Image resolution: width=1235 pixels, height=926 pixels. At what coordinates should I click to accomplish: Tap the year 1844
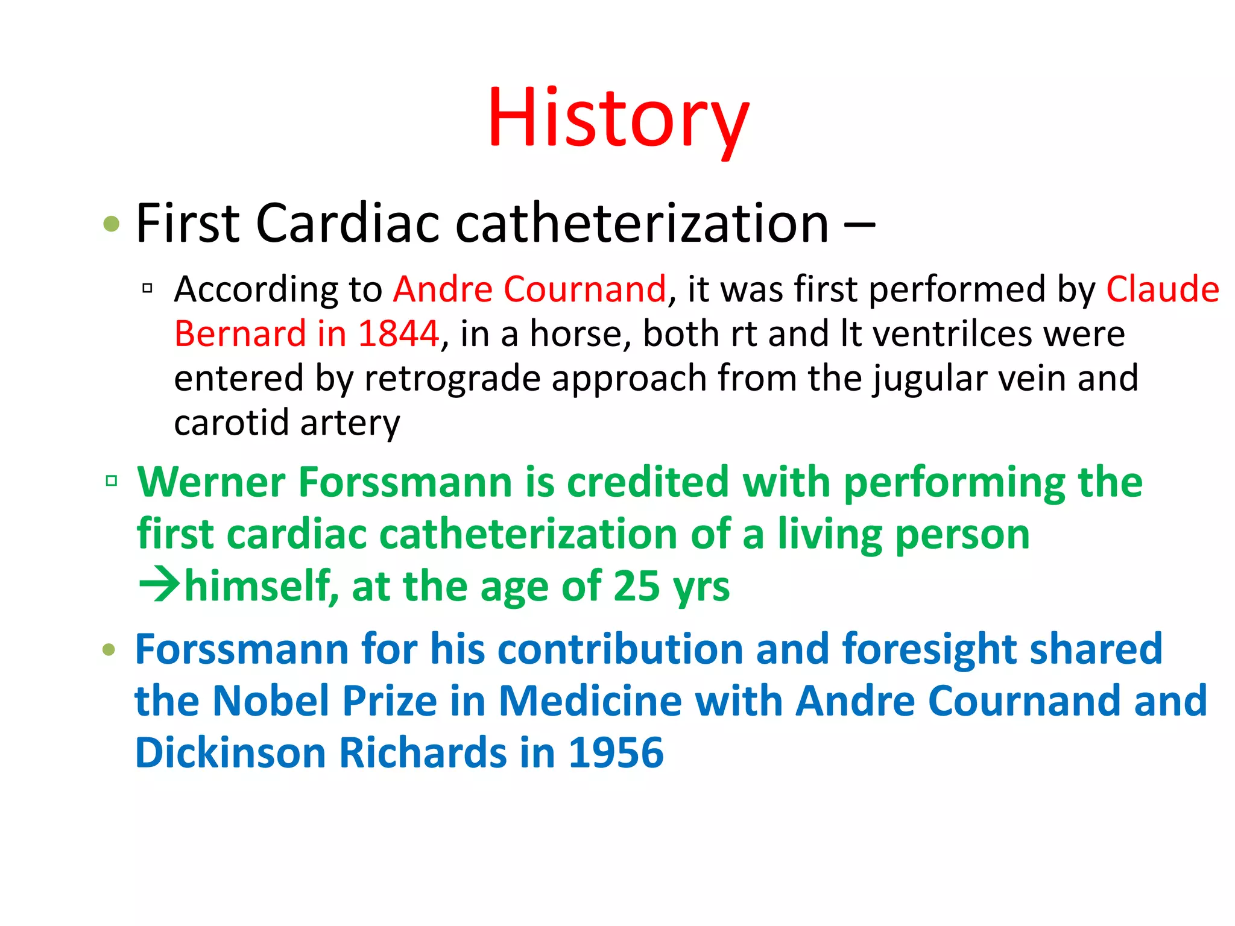(398, 333)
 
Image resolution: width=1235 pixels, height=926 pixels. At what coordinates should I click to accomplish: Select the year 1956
(616, 753)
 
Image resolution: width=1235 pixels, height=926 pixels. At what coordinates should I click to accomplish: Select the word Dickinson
(230, 753)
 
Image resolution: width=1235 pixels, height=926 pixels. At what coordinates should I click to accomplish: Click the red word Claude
(1162, 289)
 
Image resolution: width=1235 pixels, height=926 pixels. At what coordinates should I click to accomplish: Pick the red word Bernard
(240, 333)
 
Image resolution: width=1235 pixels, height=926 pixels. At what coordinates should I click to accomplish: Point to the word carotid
(232, 422)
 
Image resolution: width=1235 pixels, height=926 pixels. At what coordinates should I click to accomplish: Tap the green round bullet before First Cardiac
(112, 224)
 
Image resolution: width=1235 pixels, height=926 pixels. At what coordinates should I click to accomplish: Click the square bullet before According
(147, 289)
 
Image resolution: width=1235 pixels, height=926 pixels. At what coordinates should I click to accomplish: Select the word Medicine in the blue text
(590, 701)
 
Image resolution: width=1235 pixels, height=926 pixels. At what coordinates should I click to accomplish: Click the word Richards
(423, 753)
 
